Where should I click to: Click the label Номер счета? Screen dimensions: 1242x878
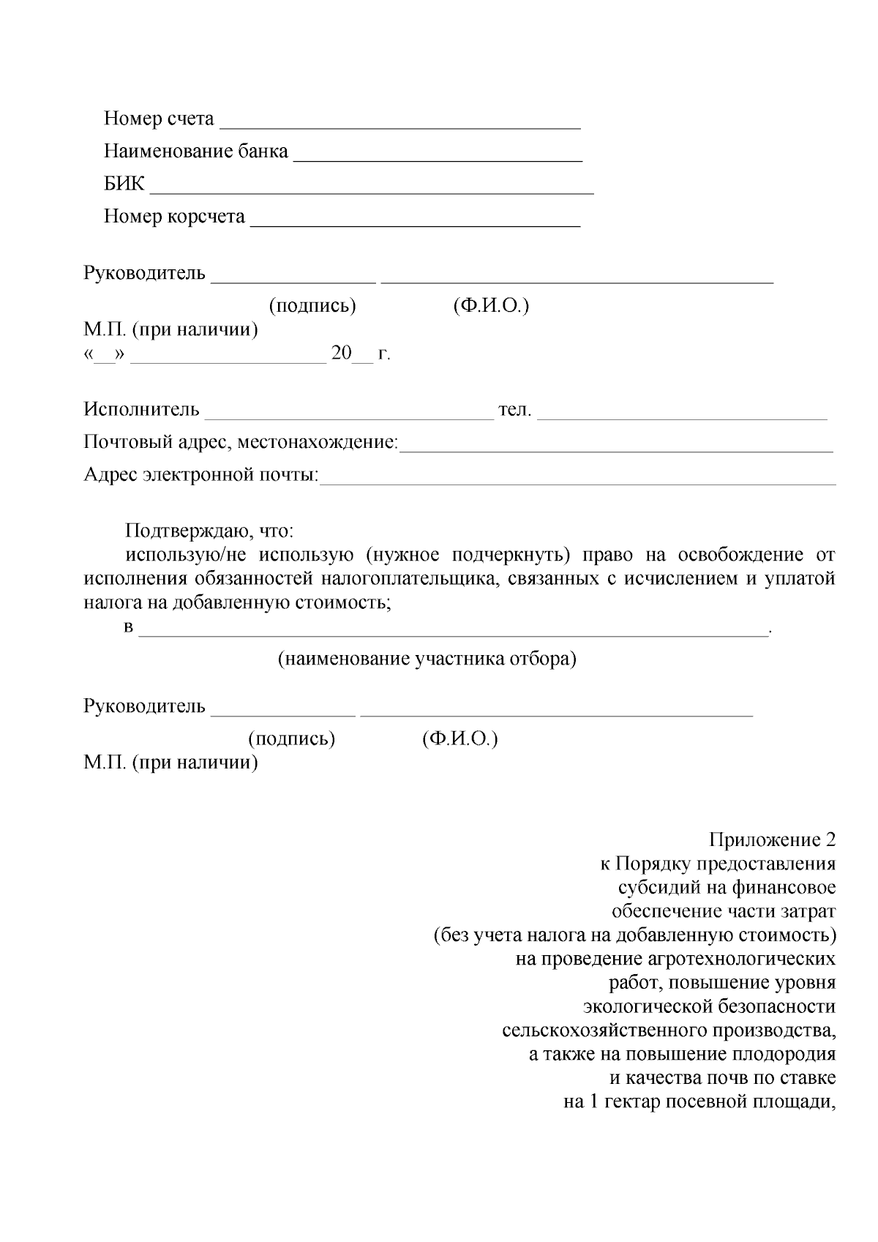[x=159, y=119]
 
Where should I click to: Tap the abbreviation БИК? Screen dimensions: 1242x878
[x=124, y=184]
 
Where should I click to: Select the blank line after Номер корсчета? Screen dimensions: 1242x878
[x=415, y=220]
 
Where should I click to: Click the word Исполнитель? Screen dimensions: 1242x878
[x=141, y=409]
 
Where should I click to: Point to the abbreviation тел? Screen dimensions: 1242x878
[x=514, y=409]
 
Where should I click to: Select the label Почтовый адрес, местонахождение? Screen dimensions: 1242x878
[x=241, y=442]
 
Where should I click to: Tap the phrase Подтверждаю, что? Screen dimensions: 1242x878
[x=209, y=531]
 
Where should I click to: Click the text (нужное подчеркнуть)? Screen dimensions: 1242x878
[x=468, y=555]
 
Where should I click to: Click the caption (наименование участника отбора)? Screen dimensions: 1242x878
[x=427, y=659]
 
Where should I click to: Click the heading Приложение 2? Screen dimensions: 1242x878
[x=772, y=839]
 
